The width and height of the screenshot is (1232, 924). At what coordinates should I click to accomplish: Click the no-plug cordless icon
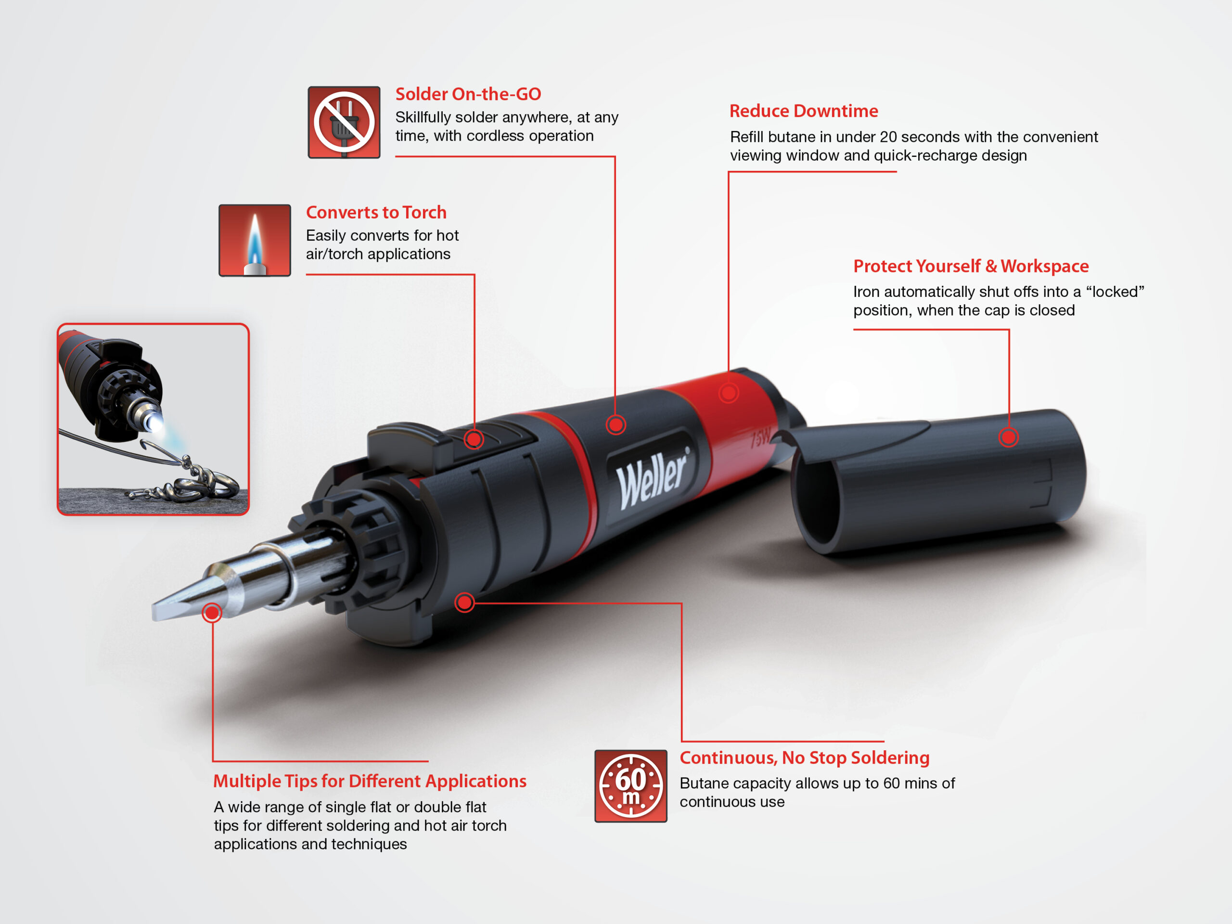(x=344, y=122)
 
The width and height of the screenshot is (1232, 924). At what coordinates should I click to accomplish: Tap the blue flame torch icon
(x=255, y=240)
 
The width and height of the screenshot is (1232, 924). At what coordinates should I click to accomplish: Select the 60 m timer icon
(x=630, y=786)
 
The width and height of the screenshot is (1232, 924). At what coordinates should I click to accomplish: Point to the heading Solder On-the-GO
(x=468, y=94)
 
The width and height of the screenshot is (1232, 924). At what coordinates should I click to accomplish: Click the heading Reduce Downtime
(x=804, y=111)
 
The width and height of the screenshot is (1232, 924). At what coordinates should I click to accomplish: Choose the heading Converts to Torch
(x=376, y=212)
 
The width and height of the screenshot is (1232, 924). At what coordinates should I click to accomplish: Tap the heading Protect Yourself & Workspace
(x=971, y=266)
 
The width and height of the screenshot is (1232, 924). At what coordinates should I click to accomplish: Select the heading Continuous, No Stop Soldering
(x=805, y=758)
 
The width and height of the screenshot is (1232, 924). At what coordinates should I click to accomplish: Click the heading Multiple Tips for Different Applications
(x=370, y=782)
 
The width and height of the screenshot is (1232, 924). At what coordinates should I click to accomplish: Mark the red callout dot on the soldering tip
(x=212, y=613)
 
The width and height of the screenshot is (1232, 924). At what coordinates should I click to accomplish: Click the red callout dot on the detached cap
(x=1008, y=437)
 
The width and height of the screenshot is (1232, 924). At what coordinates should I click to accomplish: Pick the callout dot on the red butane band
(x=729, y=393)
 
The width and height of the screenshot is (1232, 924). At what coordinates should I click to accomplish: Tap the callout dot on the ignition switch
(x=474, y=439)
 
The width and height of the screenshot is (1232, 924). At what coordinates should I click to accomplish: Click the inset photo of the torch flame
(x=153, y=419)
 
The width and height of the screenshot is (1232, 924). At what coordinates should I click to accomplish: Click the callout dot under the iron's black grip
(x=464, y=602)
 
